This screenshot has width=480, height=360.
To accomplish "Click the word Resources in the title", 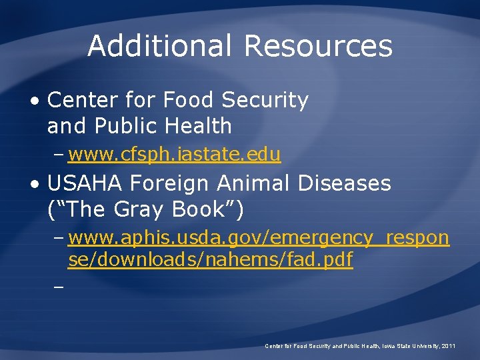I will pyautogui.click(x=318, y=46).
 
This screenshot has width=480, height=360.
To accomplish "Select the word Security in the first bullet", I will pyautogui.click(x=265, y=100).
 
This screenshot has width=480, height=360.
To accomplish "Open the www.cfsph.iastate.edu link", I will pyautogui.click(x=174, y=155).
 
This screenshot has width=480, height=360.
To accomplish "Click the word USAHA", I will pyautogui.click(x=85, y=183).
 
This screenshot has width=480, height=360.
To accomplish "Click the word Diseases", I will pyautogui.click(x=345, y=183).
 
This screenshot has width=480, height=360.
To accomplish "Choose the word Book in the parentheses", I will pyautogui.click(x=200, y=209).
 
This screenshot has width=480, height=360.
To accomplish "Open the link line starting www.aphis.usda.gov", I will pyautogui.click(x=259, y=238).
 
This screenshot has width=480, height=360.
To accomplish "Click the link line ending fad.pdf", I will pyautogui.click(x=210, y=261).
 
